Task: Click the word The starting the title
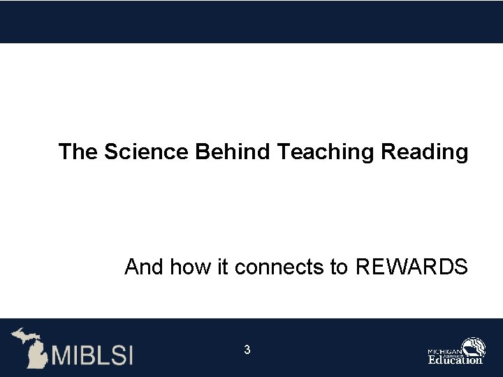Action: pos(79,151)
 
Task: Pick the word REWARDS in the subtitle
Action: pos(411,267)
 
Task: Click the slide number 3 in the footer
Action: pos(247,349)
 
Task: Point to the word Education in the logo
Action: pos(455,360)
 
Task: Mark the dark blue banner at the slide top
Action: pos(251,21)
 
